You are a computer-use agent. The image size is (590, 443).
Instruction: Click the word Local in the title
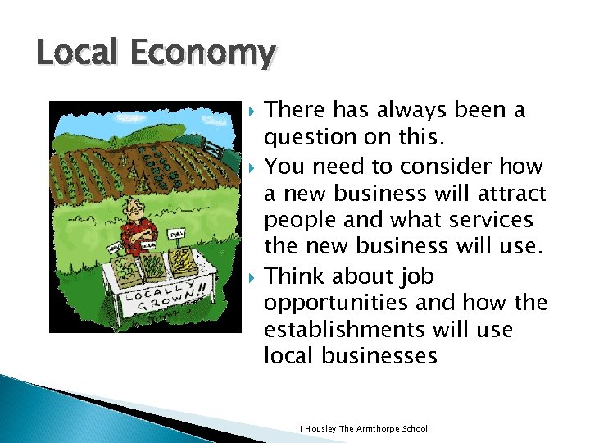click(x=69, y=53)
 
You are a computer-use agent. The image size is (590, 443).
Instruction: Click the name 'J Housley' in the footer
click(x=317, y=428)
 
